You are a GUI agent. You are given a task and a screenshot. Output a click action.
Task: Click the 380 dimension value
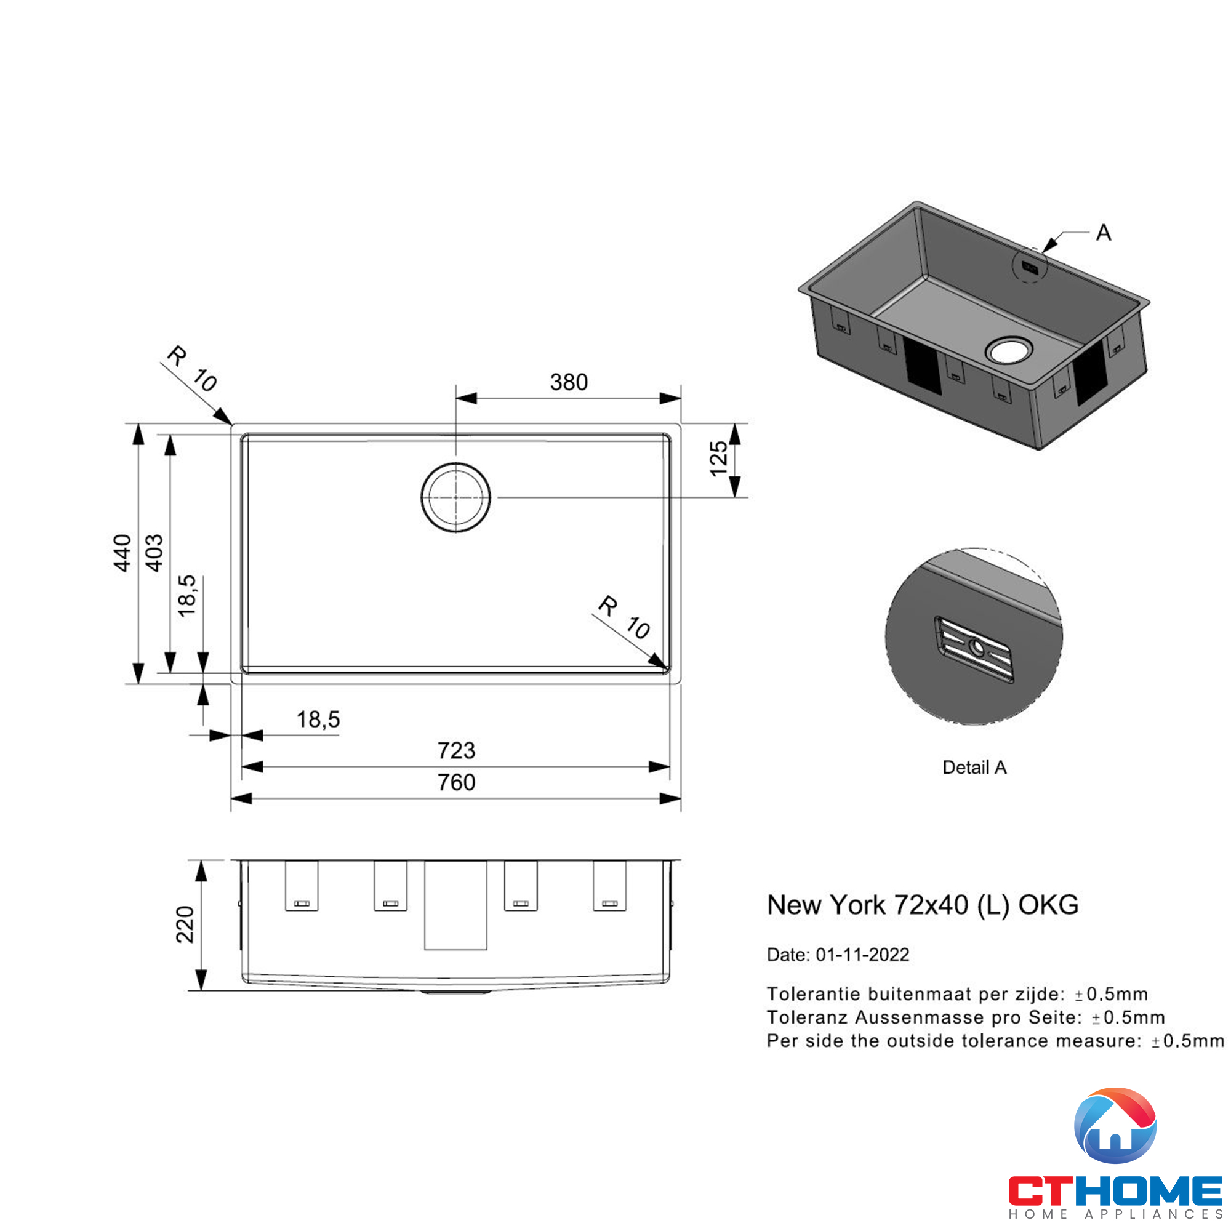pyautogui.click(x=568, y=382)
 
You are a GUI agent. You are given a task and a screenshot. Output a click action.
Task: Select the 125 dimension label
pyautogui.click(x=718, y=458)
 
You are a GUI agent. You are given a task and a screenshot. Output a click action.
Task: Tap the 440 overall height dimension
pyautogui.click(x=122, y=553)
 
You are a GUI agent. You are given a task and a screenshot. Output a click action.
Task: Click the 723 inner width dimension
pyautogui.click(x=456, y=750)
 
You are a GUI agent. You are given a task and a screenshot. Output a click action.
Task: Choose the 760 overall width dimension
pyautogui.click(x=456, y=782)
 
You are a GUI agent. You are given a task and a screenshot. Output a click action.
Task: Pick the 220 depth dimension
pyautogui.click(x=185, y=924)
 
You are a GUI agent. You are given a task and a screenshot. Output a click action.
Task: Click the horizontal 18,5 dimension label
pyautogui.click(x=318, y=720)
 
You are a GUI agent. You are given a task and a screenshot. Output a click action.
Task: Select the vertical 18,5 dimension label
pyautogui.click(x=187, y=595)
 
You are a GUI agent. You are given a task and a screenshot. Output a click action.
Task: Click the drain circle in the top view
pyautogui.click(x=455, y=497)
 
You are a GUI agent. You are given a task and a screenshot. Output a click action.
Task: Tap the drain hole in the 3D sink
pyautogui.click(x=1009, y=350)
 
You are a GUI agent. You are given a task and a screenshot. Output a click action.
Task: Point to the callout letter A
pyautogui.click(x=1104, y=233)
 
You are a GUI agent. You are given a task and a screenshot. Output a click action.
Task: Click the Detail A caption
pyautogui.click(x=974, y=768)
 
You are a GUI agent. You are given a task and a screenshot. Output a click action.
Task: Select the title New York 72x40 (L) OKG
pyautogui.click(x=922, y=905)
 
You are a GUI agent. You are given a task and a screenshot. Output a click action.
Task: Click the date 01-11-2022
pyautogui.click(x=862, y=955)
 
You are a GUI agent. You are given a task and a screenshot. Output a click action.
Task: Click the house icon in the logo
pyautogui.click(x=1115, y=1126)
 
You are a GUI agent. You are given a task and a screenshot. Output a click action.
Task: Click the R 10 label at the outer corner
pyautogui.click(x=192, y=369)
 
